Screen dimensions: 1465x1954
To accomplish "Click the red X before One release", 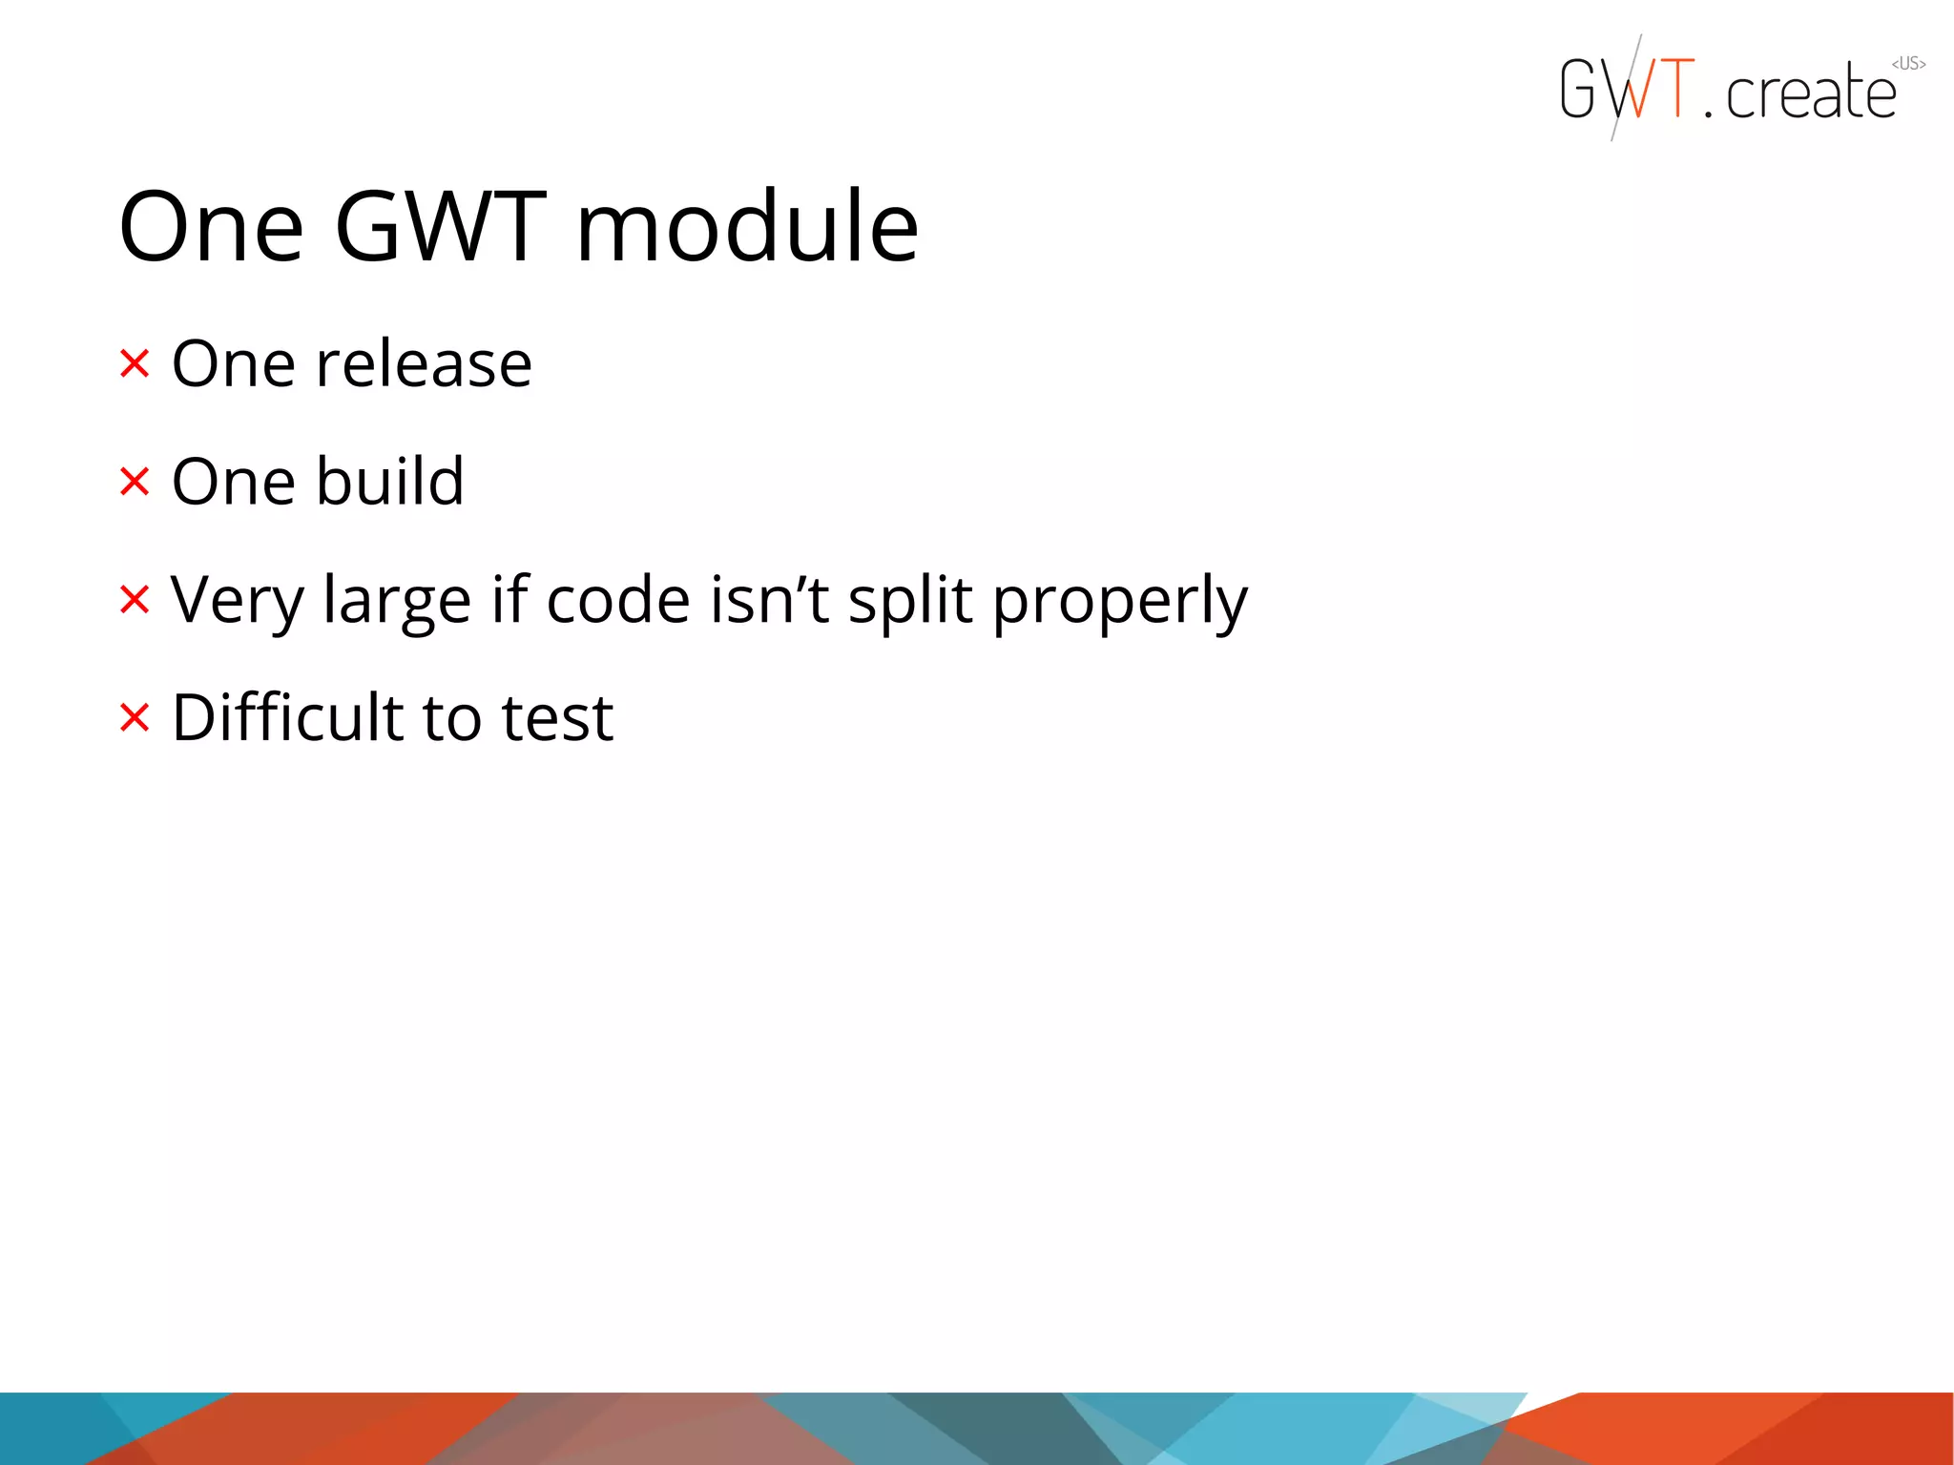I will pyautogui.click(x=135, y=363).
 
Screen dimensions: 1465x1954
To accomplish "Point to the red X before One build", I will pyautogui.click(x=135, y=482).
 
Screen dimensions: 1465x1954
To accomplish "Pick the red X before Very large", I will pyautogui.click(x=135, y=600).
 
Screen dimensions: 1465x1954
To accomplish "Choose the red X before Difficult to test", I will pyautogui.click(x=135, y=717).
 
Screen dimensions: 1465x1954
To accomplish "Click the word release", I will pyautogui.click(x=424, y=364).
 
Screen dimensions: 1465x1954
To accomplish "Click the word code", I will pyautogui.click(x=618, y=600).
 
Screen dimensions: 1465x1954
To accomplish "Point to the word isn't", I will pyautogui.click(x=769, y=600).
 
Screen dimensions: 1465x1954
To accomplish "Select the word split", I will pyautogui.click(x=910, y=601).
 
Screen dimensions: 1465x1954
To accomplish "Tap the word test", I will pyautogui.click(x=557, y=719).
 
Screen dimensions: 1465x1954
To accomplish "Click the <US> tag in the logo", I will pyautogui.click(x=1908, y=64).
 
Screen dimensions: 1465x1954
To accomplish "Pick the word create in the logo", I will pyautogui.click(x=1811, y=93).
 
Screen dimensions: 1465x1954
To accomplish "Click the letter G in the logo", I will pyautogui.click(x=1578, y=89).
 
